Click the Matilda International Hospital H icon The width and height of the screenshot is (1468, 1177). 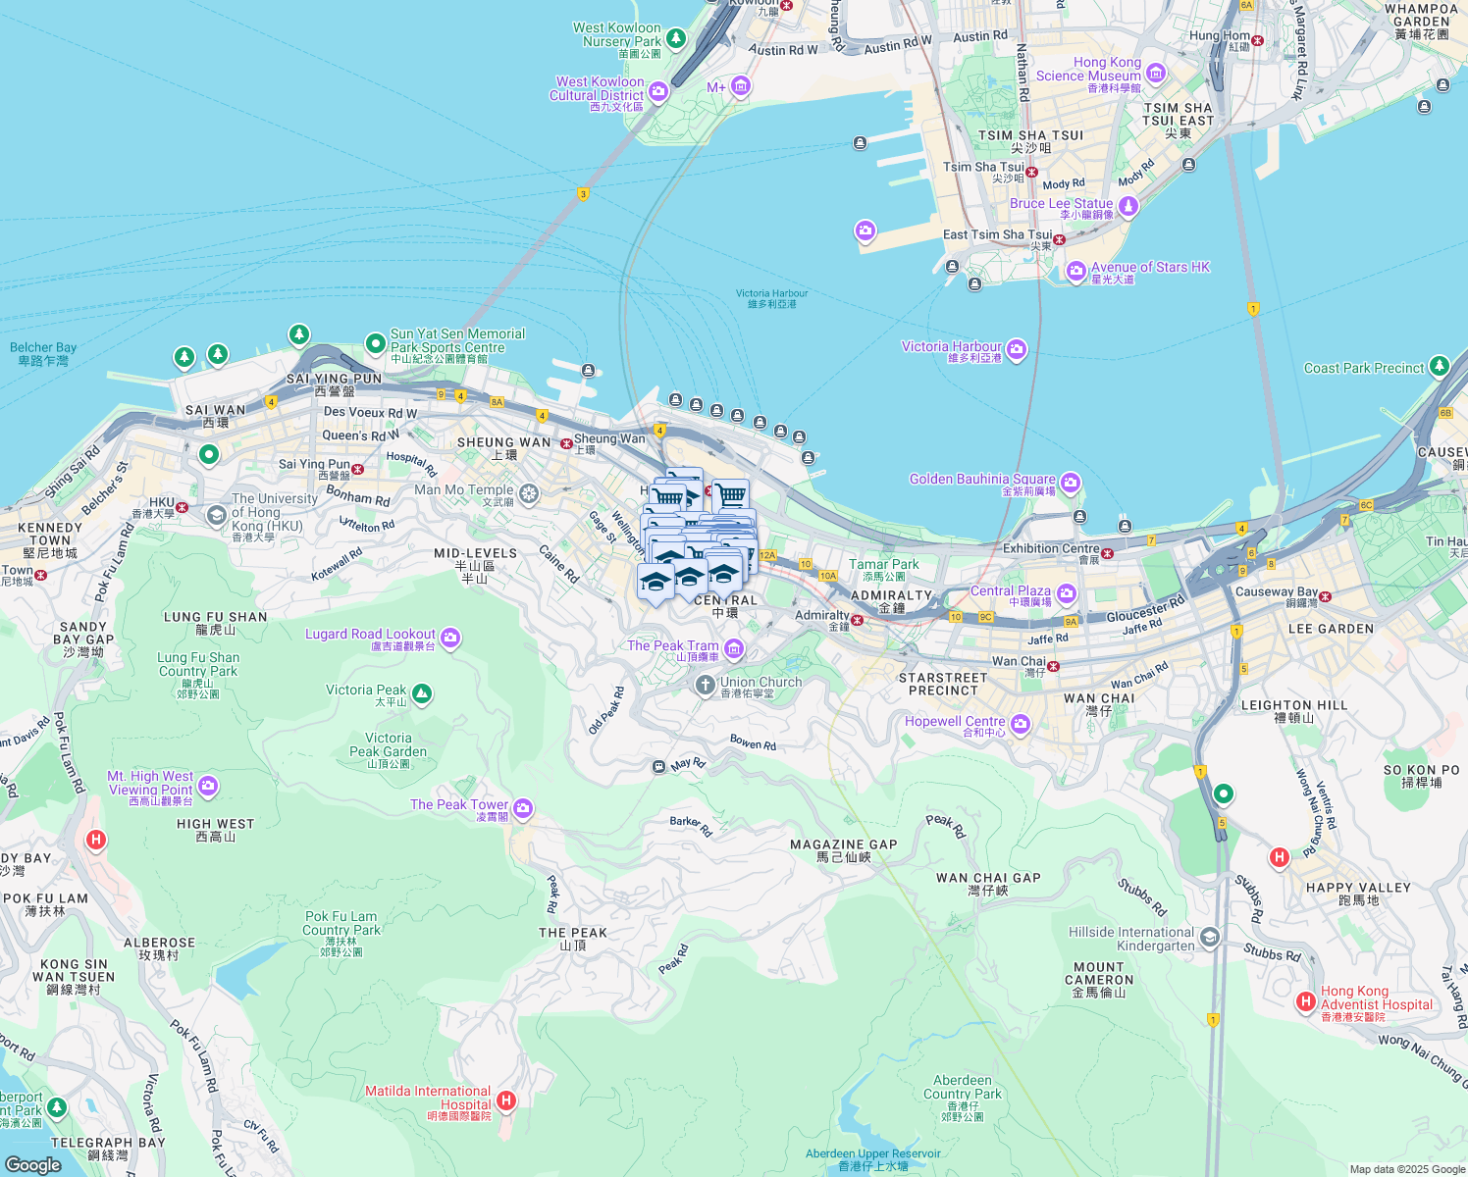click(506, 1100)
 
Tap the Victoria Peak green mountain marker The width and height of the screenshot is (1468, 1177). click(422, 694)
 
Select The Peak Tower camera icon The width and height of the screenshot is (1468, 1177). click(523, 808)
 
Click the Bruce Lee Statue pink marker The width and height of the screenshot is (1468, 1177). click(1128, 205)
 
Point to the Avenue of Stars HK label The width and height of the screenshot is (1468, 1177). click(1150, 267)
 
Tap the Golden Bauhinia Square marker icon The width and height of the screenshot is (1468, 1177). click(1071, 482)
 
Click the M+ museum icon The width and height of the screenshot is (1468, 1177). click(741, 87)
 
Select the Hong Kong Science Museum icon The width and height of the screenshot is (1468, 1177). click(1156, 73)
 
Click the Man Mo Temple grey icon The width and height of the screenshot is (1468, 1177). click(529, 492)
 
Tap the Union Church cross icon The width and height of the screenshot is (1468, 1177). click(705, 685)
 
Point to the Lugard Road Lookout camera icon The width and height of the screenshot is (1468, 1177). click(450, 639)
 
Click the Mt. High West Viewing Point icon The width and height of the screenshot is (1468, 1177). click(208, 785)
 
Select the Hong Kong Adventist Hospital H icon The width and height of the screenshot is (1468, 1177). click(1305, 1001)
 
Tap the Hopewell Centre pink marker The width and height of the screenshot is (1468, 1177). click(1021, 724)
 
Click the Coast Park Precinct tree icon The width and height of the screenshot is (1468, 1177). click(1439, 367)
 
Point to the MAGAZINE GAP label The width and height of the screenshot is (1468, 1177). click(843, 844)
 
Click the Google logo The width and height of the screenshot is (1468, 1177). click(33, 1164)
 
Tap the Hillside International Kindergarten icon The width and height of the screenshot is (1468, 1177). click(1210, 938)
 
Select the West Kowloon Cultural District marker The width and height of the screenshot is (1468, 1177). click(658, 92)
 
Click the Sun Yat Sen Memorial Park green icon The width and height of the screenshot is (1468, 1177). click(375, 343)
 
